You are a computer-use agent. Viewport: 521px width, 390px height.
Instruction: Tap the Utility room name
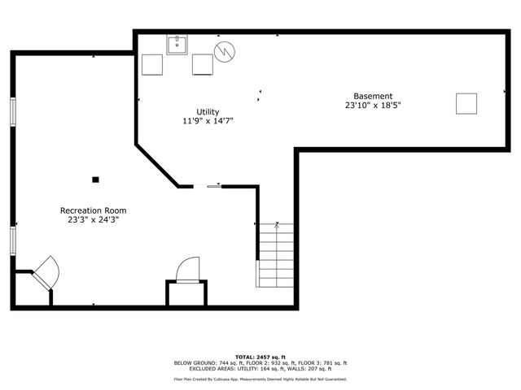(x=208, y=112)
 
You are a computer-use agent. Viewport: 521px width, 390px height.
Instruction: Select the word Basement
(x=373, y=96)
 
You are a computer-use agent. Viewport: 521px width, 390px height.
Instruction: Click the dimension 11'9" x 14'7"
(x=208, y=121)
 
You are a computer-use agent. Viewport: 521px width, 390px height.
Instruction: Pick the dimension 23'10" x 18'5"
(x=373, y=105)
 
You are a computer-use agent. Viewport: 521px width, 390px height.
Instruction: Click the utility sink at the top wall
(x=178, y=44)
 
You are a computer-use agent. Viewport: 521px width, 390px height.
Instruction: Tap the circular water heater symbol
(x=224, y=52)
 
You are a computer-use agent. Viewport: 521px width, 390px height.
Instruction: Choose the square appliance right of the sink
(x=203, y=64)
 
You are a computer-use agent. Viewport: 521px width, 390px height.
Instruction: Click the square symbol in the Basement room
(x=466, y=104)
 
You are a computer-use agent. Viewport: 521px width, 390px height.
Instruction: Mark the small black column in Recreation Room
(x=95, y=179)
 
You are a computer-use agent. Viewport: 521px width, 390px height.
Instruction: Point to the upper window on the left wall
(x=12, y=112)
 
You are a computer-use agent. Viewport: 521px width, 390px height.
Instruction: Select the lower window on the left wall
(x=12, y=240)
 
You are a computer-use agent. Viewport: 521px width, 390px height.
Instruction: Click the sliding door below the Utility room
(x=208, y=186)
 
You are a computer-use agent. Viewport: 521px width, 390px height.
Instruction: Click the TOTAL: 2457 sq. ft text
(x=260, y=357)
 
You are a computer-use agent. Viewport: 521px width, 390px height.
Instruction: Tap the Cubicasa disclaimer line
(x=260, y=379)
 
